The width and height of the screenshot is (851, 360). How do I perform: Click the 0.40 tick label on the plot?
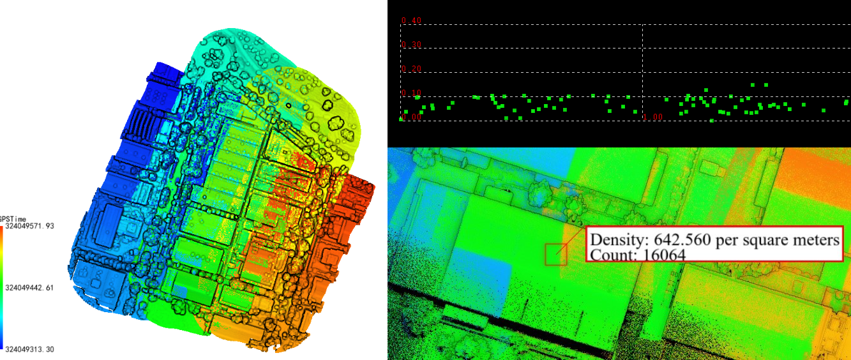point(412,21)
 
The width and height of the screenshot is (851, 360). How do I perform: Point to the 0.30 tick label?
point(412,45)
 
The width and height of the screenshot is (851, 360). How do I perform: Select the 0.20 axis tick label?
point(412,69)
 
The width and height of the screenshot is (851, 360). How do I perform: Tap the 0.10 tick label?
point(412,93)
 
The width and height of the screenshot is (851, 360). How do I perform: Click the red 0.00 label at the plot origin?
point(412,117)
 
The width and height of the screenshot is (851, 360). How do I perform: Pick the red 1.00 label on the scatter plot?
point(654,117)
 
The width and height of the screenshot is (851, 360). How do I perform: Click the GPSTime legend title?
point(13,219)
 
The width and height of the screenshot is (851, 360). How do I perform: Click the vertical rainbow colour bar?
point(2,287)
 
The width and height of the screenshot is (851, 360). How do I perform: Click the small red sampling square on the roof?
point(556,254)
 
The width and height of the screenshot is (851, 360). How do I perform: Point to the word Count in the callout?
point(607,255)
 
